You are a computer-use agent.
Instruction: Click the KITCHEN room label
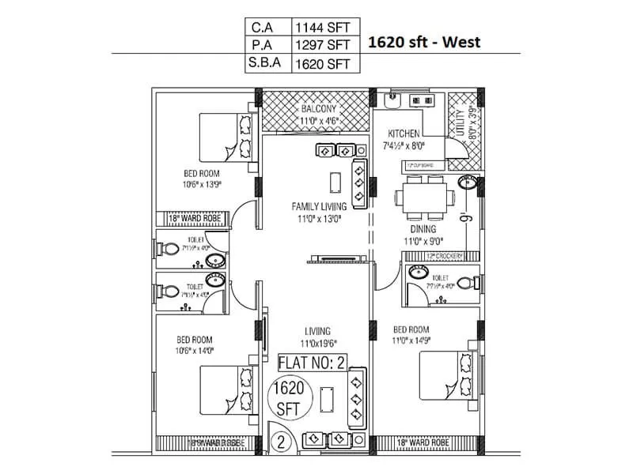point(403,134)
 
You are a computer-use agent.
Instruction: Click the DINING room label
point(423,230)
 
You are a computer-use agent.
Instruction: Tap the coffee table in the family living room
point(335,180)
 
